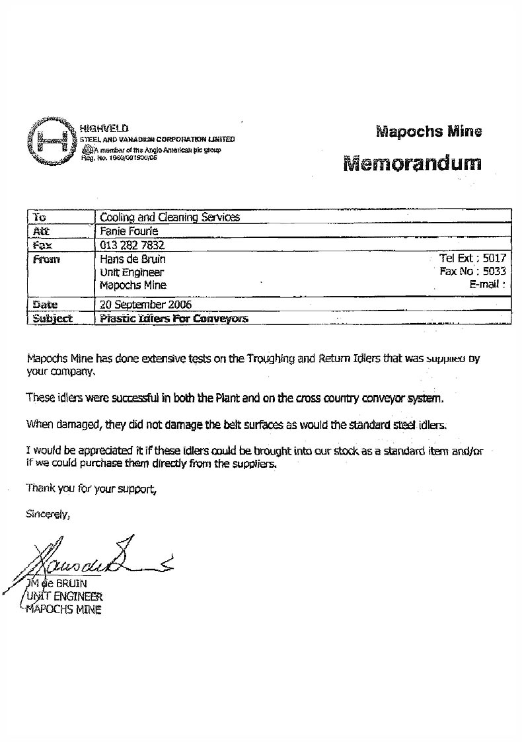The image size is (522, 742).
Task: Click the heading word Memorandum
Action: (412, 163)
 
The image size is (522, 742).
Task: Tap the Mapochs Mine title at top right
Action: (428, 131)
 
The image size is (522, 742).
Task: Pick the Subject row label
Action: (52, 318)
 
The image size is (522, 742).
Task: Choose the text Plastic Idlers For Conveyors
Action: (173, 318)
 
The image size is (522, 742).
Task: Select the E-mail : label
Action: (487, 285)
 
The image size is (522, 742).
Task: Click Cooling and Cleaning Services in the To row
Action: (169, 217)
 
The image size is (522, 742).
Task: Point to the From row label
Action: (46, 260)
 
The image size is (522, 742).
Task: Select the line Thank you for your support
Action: (92, 489)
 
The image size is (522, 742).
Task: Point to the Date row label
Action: (45, 305)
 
